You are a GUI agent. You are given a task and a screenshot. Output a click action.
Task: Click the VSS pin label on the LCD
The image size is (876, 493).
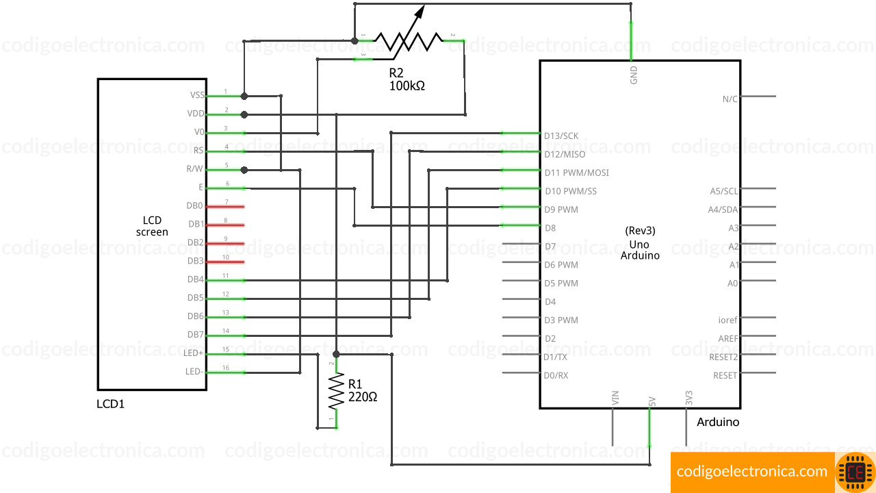click(197, 95)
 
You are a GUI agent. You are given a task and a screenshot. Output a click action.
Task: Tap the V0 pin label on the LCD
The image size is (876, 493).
click(199, 132)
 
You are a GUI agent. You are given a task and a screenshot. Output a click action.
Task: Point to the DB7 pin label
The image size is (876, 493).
click(195, 335)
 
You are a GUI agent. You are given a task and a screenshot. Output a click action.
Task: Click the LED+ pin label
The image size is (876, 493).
click(194, 353)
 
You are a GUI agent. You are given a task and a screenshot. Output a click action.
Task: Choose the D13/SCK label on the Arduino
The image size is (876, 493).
click(561, 136)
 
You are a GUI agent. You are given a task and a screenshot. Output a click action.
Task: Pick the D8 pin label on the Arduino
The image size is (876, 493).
click(550, 228)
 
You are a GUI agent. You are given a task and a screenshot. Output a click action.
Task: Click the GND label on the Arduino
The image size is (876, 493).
click(634, 75)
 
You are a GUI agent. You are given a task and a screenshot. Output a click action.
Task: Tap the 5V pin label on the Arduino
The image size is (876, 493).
click(653, 400)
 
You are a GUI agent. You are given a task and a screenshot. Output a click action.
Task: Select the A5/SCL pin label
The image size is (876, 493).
click(724, 191)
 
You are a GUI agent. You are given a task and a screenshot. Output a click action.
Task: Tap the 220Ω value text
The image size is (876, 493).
click(363, 396)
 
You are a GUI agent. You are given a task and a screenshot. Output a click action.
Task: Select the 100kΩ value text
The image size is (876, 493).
click(407, 86)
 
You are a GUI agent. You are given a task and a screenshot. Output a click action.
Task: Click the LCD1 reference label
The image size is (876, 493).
click(111, 404)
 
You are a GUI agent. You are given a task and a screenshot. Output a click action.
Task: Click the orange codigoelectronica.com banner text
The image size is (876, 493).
click(752, 471)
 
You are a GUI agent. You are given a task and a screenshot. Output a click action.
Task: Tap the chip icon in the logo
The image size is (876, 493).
click(855, 472)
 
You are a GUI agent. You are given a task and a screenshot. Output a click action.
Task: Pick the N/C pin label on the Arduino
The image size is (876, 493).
click(730, 99)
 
